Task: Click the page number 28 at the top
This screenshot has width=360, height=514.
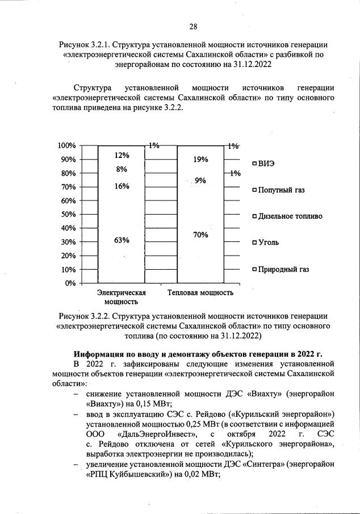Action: tap(193, 27)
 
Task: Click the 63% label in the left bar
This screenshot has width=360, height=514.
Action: tap(122, 240)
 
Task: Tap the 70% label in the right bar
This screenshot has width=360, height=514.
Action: tap(200, 235)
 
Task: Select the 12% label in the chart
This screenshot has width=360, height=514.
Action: tap(122, 155)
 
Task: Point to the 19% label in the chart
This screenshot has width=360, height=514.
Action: tap(200, 160)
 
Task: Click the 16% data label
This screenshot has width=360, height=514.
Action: tap(122, 186)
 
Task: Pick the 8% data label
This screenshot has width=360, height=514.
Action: tap(122, 169)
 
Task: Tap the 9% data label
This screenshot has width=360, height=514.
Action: tap(200, 181)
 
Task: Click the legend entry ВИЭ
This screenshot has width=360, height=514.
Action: tap(266, 164)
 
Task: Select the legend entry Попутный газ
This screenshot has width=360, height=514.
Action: tap(281, 190)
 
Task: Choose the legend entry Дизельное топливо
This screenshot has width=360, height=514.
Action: tap(290, 216)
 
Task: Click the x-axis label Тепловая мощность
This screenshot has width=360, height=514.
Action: tap(200, 293)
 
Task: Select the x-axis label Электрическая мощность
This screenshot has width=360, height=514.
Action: tap(122, 298)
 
